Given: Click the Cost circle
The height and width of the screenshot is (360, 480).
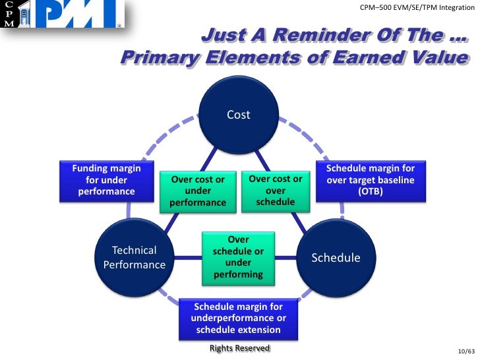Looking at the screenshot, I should pyautogui.click(x=239, y=115).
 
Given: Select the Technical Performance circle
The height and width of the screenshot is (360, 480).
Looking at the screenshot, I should pyautogui.click(x=135, y=257).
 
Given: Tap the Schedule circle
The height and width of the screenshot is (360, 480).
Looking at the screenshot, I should pyautogui.click(x=336, y=257).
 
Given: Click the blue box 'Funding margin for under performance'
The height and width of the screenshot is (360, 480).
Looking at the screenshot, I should pyautogui.click(x=106, y=180).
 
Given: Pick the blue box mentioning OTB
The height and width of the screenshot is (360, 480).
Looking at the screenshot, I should pyautogui.click(x=373, y=180).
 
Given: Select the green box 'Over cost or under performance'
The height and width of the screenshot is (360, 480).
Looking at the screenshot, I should pyautogui.click(x=198, y=191).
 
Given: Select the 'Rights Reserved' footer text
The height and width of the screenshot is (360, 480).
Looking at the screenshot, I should pyautogui.click(x=239, y=347).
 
